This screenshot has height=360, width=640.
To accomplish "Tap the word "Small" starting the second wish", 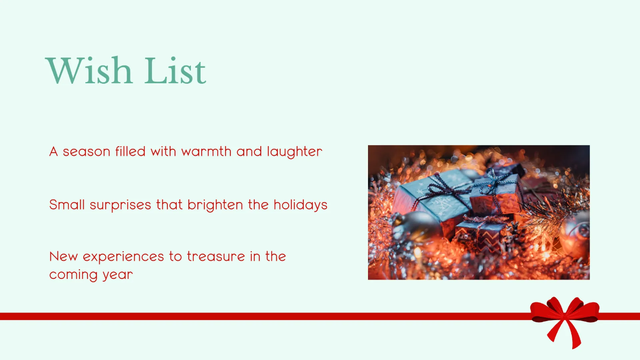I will [x=63, y=205].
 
